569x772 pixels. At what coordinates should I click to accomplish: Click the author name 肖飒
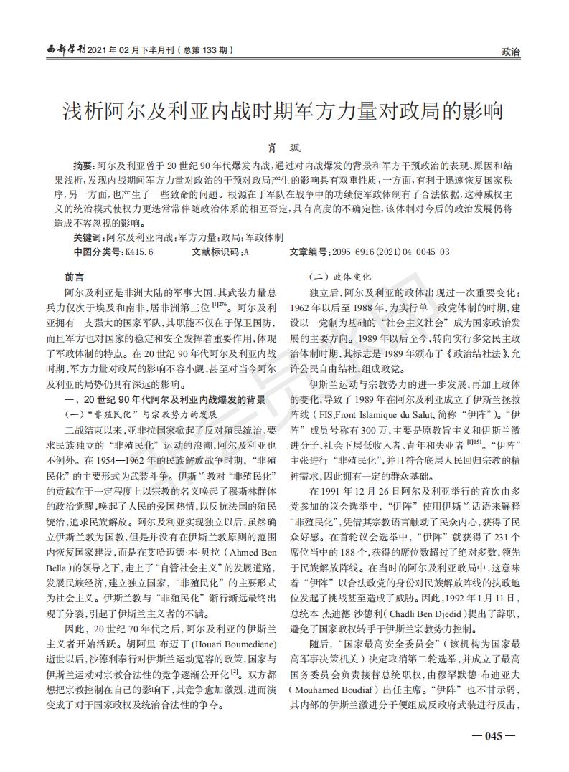coord(284,146)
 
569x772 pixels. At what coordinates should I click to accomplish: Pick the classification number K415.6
coord(139,252)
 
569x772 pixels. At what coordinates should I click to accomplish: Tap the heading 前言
coord(74,277)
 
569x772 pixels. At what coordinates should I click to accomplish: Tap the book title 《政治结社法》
coord(471,353)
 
